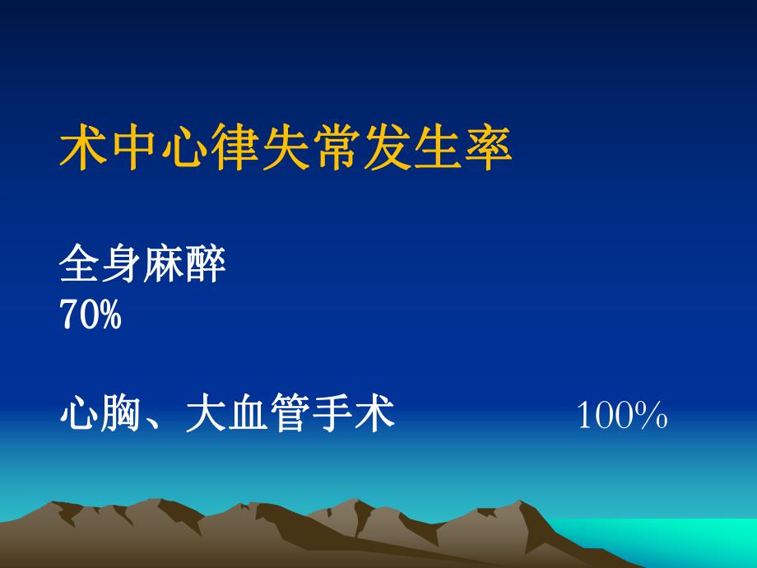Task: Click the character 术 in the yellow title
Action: point(86,147)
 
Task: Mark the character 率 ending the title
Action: point(487,147)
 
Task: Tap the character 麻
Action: point(164,266)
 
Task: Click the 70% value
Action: point(91,315)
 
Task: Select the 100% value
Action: point(621,416)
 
